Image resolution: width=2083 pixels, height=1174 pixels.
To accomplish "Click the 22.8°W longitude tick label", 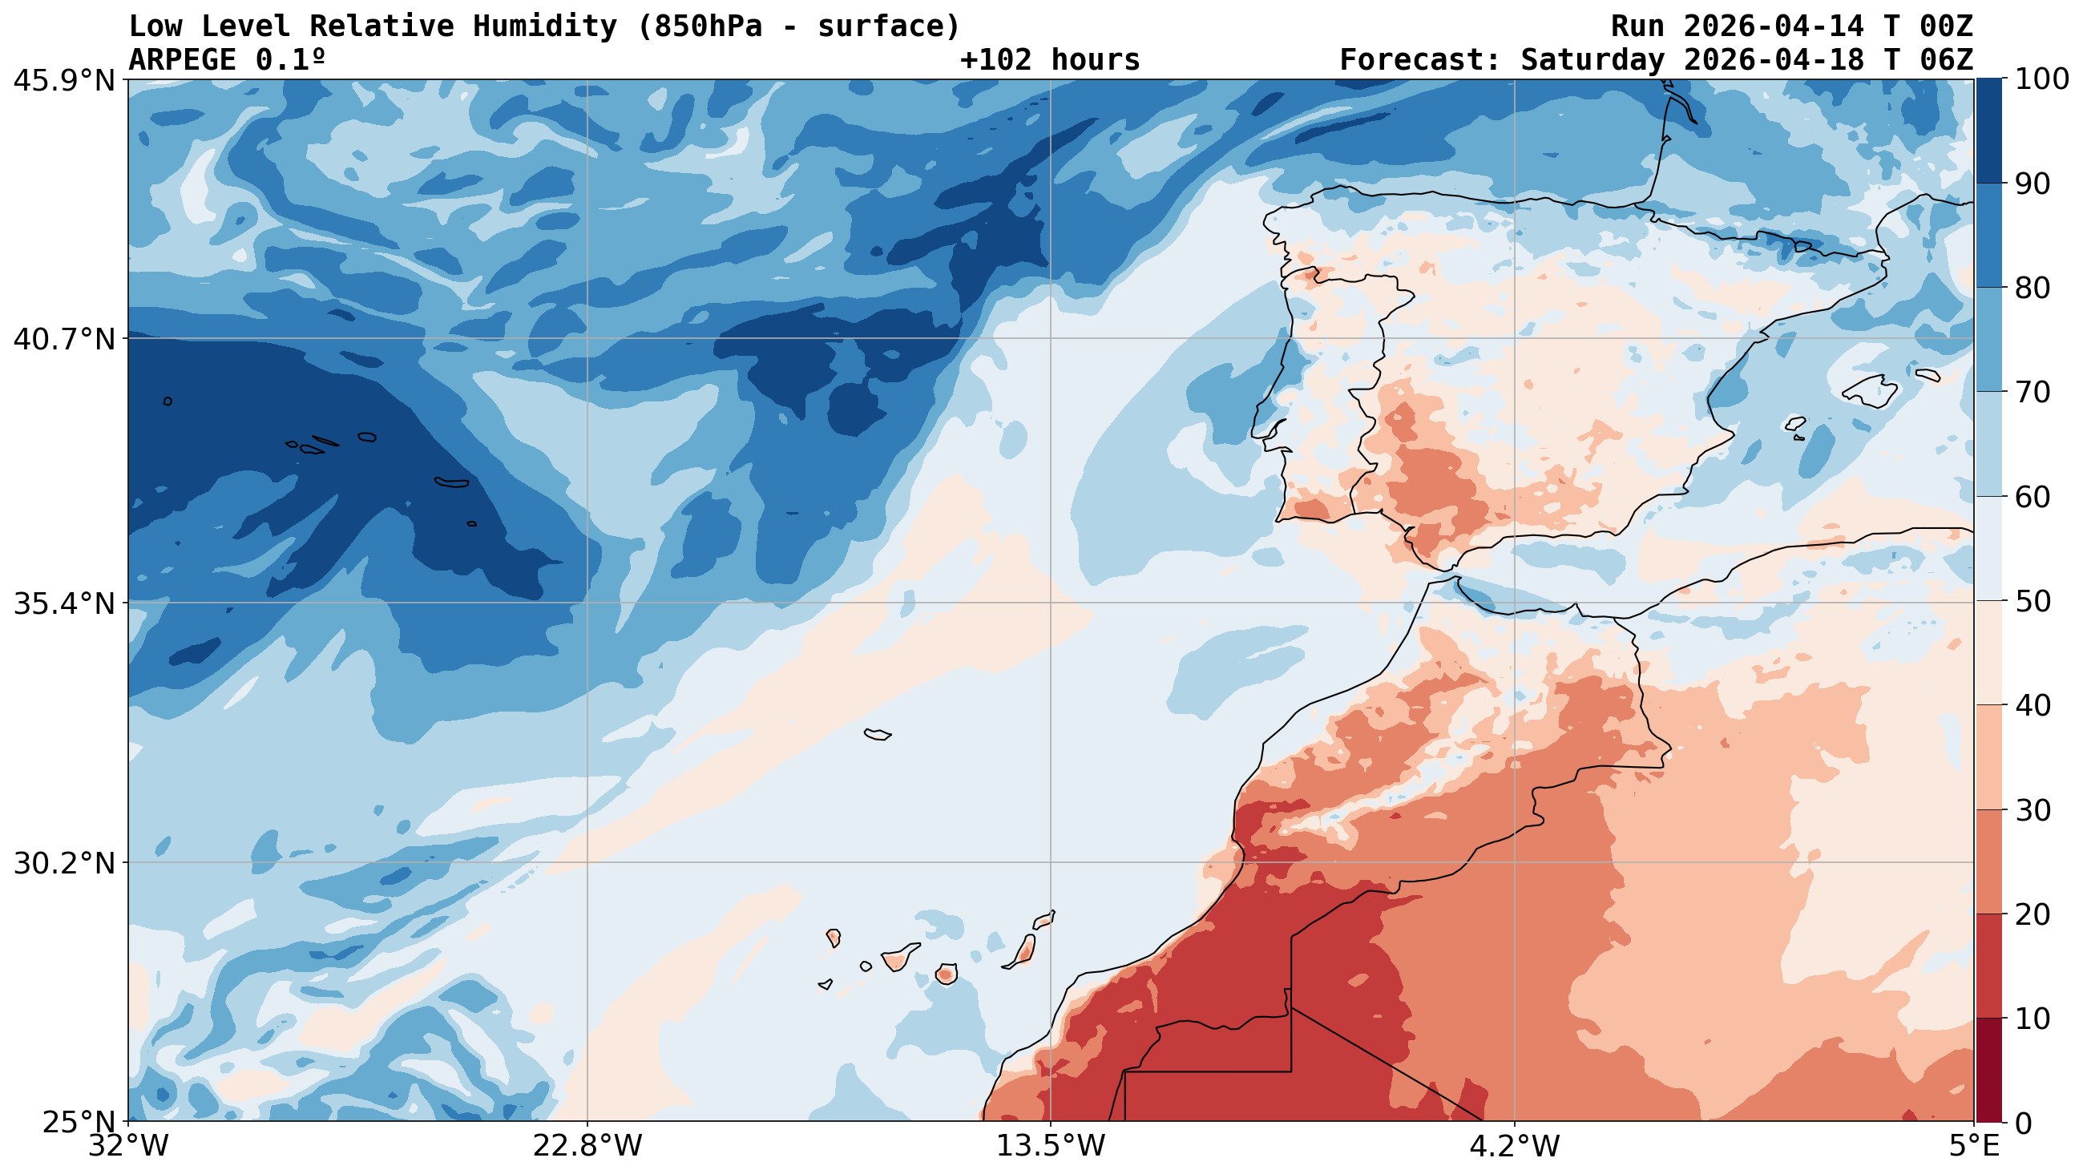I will click(x=587, y=1147).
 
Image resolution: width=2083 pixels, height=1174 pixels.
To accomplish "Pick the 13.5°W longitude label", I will click(x=1051, y=1147).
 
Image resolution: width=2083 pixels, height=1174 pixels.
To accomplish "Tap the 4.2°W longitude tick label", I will click(x=1514, y=1147).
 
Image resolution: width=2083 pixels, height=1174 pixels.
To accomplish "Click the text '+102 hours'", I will click(x=1050, y=60).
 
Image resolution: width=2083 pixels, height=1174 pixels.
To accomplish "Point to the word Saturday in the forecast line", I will click(x=1593, y=60).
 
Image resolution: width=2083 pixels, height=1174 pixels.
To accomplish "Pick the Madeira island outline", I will click(x=878, y=734).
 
